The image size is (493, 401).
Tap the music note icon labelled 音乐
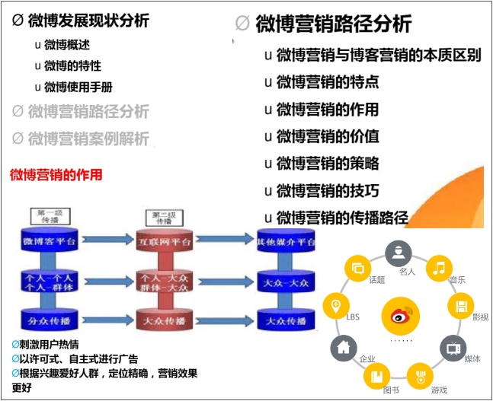pos(438,267)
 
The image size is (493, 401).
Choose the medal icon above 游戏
pos(419,374)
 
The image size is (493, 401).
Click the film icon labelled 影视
pos(460,306)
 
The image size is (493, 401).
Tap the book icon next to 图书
pos(376,375)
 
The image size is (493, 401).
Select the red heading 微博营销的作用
pos(56,175)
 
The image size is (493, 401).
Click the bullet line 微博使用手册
pos(78,87)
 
